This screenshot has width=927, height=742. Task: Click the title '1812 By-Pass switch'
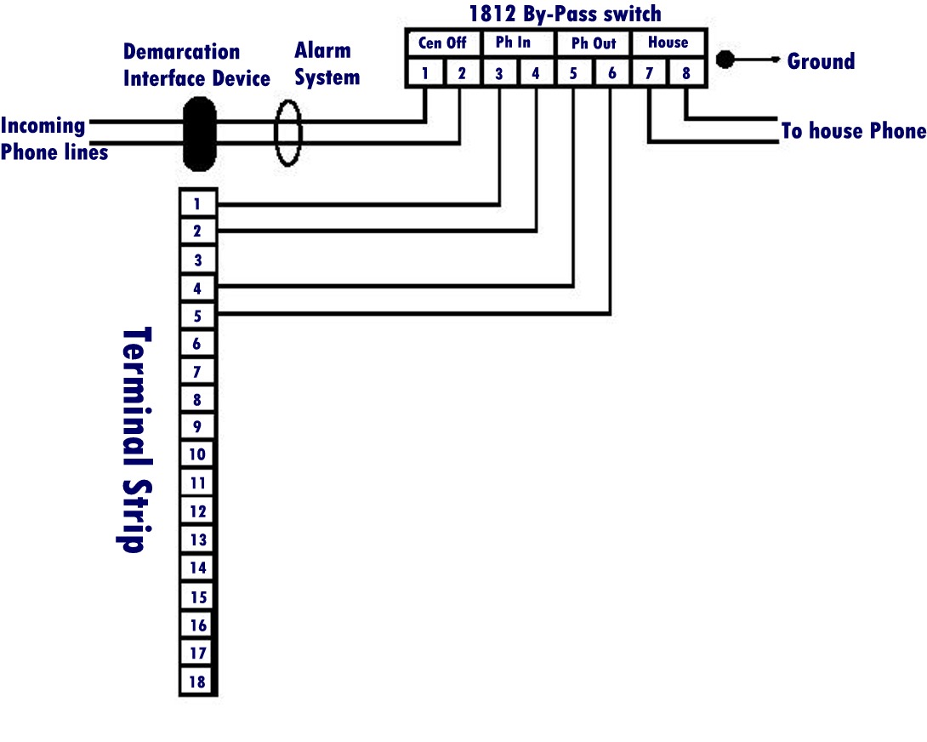coord(565,14)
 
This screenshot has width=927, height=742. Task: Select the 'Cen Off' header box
coord(442,43)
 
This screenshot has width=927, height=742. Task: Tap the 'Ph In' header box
coord(516,43)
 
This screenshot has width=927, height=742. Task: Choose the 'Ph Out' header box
coord(593,43)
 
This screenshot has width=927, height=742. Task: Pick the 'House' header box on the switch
coord(668,43)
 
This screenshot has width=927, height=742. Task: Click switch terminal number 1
coord(424,73)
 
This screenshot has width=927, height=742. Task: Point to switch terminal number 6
coord(611,73)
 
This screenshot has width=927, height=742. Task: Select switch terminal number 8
coord(686,73)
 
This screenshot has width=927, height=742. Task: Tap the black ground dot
coord(725,60)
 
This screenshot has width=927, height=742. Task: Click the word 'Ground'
coord(821,61)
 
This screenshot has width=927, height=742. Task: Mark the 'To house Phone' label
coord(853,131)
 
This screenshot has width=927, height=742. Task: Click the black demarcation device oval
coord(200,134)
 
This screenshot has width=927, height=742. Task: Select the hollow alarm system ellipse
coord(288,134)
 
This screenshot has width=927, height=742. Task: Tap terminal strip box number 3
coord(197,260)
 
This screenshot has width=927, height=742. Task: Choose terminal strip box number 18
coord(197,681)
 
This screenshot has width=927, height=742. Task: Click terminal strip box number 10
coord(197,454)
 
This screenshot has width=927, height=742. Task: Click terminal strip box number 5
coord(197,317)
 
